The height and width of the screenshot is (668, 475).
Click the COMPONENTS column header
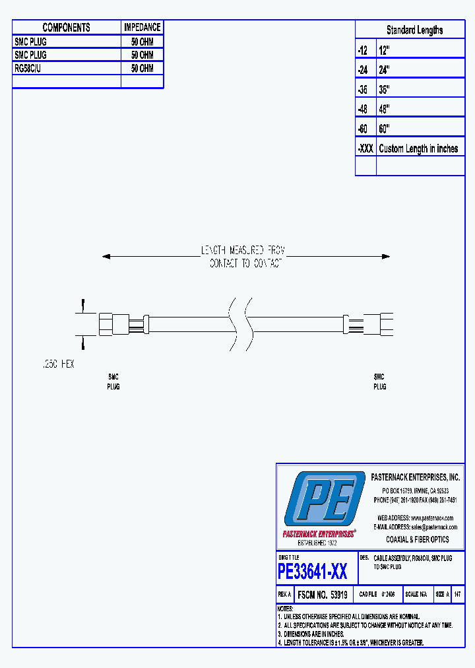click(66, 27)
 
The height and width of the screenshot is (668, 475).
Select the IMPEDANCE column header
click(142, 27)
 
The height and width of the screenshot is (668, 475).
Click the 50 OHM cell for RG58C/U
click(142, 68)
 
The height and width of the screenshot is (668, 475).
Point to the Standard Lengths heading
click(414, 30)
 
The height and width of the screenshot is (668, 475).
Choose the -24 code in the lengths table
click(362, 69)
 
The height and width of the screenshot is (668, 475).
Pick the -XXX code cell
click(365, 149)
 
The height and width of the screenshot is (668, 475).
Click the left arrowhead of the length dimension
click(106, 256)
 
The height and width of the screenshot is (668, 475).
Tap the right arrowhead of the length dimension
click(387, 256)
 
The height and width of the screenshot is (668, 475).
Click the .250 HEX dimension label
click(57, 364)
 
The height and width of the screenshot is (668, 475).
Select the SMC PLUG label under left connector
click(113, 382)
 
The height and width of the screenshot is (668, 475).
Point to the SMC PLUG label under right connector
click(379, 382)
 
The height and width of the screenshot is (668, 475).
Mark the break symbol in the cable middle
click(239, 323)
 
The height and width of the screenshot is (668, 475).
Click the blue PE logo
click(324, 499)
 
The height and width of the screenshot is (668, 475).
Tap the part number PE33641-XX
click(312, 570)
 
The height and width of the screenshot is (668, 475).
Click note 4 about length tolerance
click(353, 642)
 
